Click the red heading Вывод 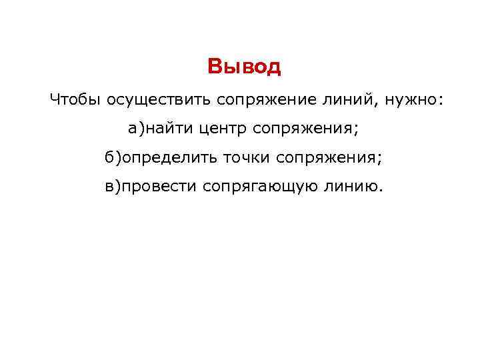[x=245, y=67]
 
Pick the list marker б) [x=113, y=157]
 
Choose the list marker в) [x=111, y=187]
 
